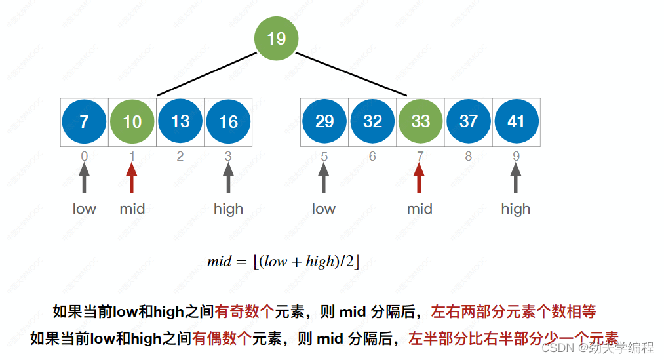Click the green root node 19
pyautogui.click(x=276, y=39)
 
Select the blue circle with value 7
pyautogui.click(x=84, y=122)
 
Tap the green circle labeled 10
pyautogui.click(x=132, y=122)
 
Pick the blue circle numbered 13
pyautogui.click(x=180, y=122)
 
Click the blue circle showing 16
pyautogui.click(x=228, y=122)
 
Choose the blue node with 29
pyautogui.click(x=324, y=122)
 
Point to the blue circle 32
pyautogui.click(x=372, y=122)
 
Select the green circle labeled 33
pyautogui.click(x=420, y=122)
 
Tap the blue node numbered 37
pyautogui.click(x=468, y=122)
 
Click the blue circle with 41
pyautogui.click(x=517, y=122)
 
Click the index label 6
pyautogui.click(x=372, y=157)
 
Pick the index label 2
pyautogui.click(x=180, y=157)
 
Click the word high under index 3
pyautogui.click(x=228, y=209)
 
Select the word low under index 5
pyautogui.click(x=324, y=209)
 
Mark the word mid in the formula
pyautogui.click(x=219, y=262)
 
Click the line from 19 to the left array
pyautogui.click(x=206, y=73)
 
